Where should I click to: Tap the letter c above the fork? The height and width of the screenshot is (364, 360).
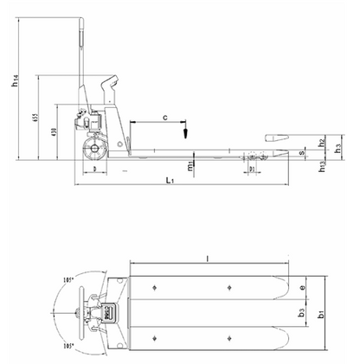164,115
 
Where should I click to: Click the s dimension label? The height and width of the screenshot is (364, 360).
300,153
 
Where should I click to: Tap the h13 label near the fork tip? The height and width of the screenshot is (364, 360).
321,167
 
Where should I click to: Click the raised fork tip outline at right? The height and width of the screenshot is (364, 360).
279,137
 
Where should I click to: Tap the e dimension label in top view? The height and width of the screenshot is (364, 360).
301,287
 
